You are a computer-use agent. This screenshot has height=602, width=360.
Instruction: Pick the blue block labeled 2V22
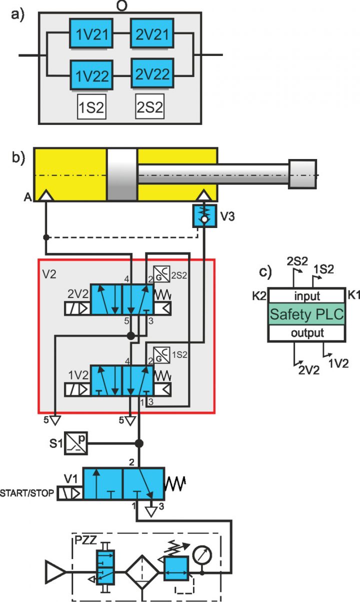point(152,75)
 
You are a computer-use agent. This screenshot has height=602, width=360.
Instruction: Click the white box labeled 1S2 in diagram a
point(91,107)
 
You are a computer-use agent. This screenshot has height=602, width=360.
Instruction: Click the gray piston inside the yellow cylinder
point(122,174)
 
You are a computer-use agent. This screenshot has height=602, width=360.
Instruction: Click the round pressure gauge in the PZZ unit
point(202,554)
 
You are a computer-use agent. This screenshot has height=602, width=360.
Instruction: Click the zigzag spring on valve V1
point(175,483)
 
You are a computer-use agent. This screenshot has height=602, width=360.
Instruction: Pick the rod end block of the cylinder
point(303,174)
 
